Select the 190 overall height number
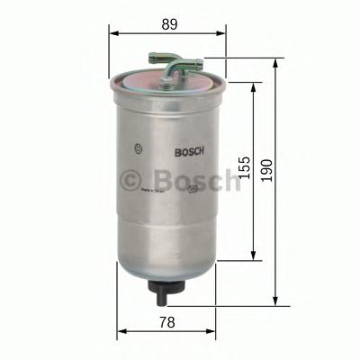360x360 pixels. coord(265,169)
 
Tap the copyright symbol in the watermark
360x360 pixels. coord(131,179)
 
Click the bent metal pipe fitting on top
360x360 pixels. coord(180,67)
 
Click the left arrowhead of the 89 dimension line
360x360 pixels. coord(112,31)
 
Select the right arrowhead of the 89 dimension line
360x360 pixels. coord(222,31)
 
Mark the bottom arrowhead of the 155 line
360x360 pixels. coord(253,258)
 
